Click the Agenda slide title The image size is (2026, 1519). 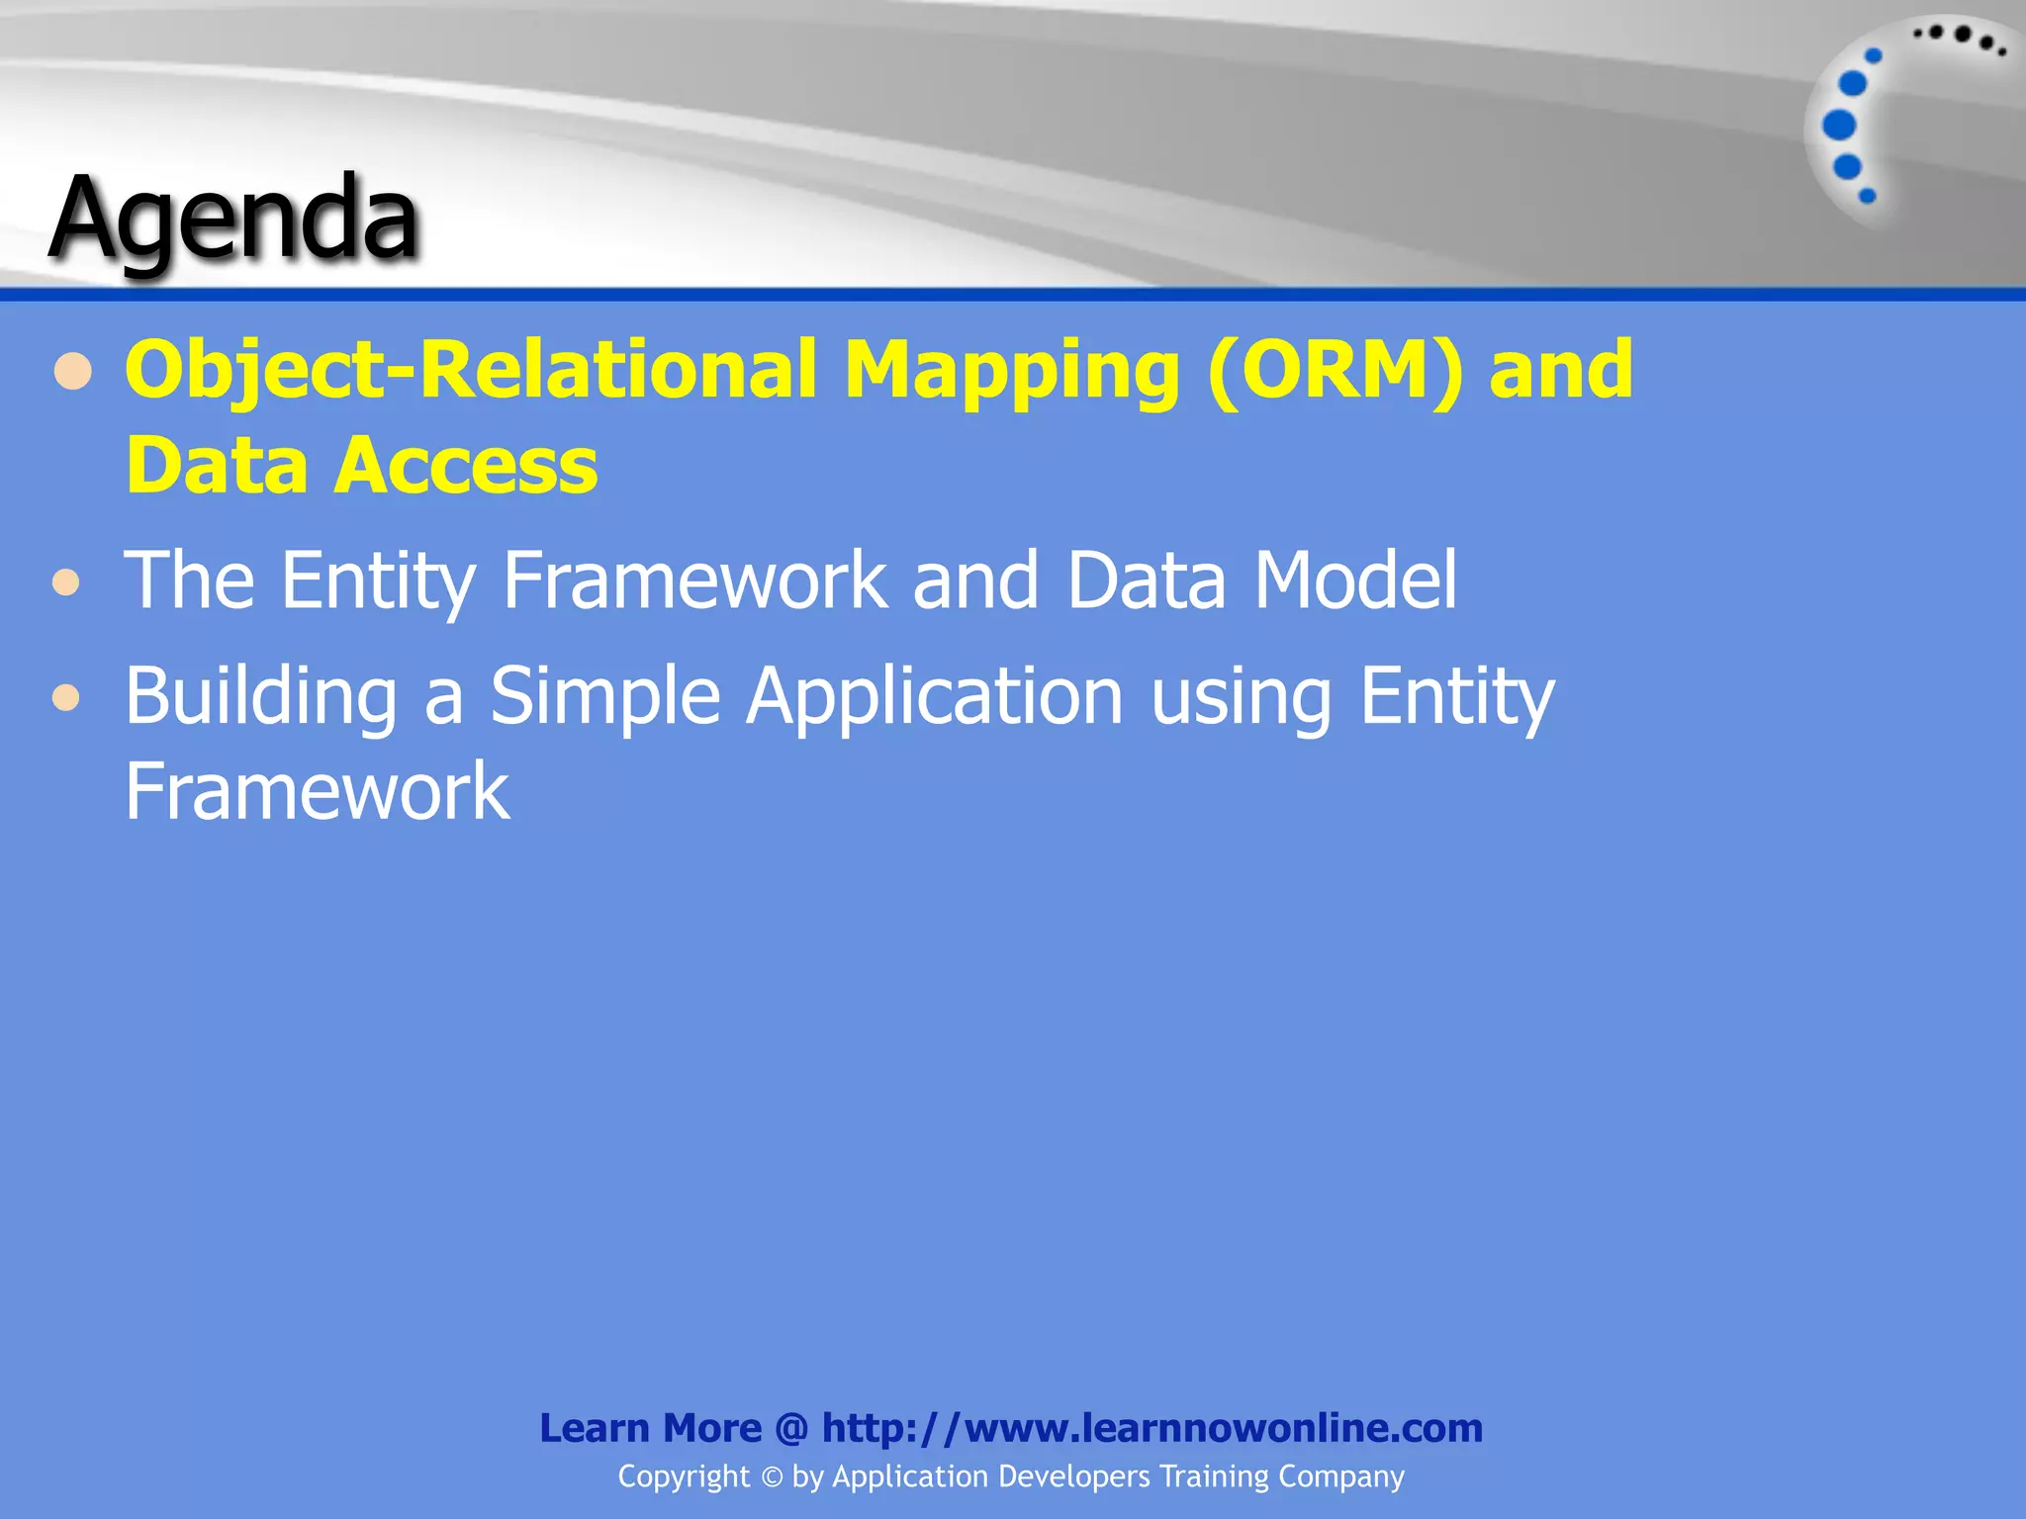pyautogui.click(x=234, y=218)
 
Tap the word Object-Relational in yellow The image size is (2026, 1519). pyautogui.click(x=471, y=370)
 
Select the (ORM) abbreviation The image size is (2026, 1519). pyautogui.click(x=1335, y=370)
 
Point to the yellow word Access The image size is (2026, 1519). pyautogui.click(x=466, y=465)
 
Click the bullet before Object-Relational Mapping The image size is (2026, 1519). pyautogui.click(x=73, y=374)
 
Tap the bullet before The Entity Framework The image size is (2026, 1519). pyautogui.click(x=66, y=582)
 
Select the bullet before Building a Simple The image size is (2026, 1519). pyautogui.click(x=66, y=698)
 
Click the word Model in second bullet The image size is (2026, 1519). pyautogui.click(x=1355, y=581)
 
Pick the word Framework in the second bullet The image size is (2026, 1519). pyautogui.click(x=694, y=581)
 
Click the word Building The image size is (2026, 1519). pyautogui.click(x=260, y=696)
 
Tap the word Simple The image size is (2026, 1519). pyautogui.click(x=604, y=696)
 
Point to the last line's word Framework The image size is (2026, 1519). pyautogui.click(x=317, y=791)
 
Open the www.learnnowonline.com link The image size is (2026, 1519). pyautogui.click(x=1152, y=1428)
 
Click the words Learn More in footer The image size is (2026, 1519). pyautogui.click(x=650, y=1428)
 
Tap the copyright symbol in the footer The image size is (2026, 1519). pyautogui.click(x=772, y=1477)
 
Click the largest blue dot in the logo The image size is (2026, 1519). pyautogui.click(x=1839, y=125)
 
